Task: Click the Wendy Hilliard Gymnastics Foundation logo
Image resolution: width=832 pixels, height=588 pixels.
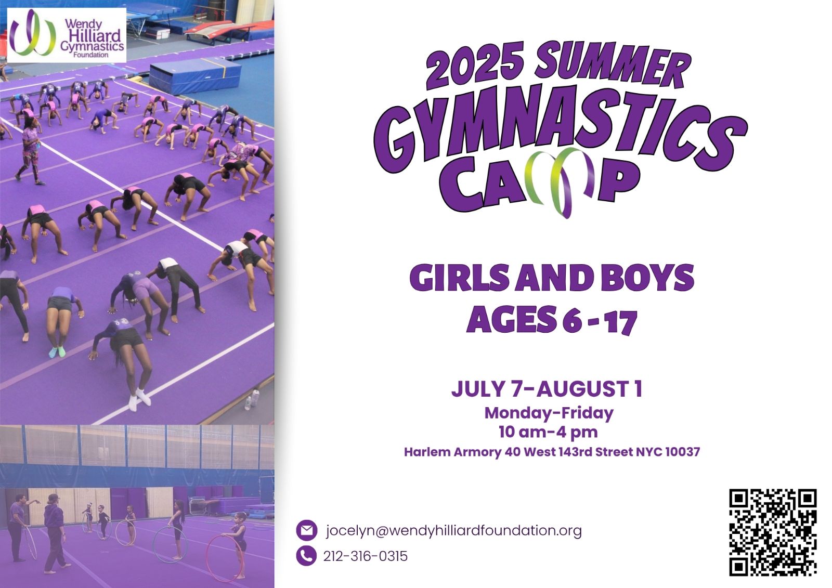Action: click(67, 35)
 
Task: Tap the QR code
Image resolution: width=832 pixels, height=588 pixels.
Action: click(772, 532)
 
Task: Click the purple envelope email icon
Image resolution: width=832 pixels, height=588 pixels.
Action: click(306, 530)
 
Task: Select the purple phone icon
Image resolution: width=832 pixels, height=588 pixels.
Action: click(306, 556)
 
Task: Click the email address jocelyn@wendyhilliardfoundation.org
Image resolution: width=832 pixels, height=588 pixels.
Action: click(453, 530)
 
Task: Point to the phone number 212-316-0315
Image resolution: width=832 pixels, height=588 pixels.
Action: click(365, 556)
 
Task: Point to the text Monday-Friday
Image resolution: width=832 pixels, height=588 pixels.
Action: click(549, 413)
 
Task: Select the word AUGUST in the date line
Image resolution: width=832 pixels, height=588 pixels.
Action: click(582, 389)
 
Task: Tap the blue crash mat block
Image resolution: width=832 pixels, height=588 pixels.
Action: click(194, 76)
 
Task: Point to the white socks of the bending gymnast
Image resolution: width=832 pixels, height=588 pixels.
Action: click(139, 398)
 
